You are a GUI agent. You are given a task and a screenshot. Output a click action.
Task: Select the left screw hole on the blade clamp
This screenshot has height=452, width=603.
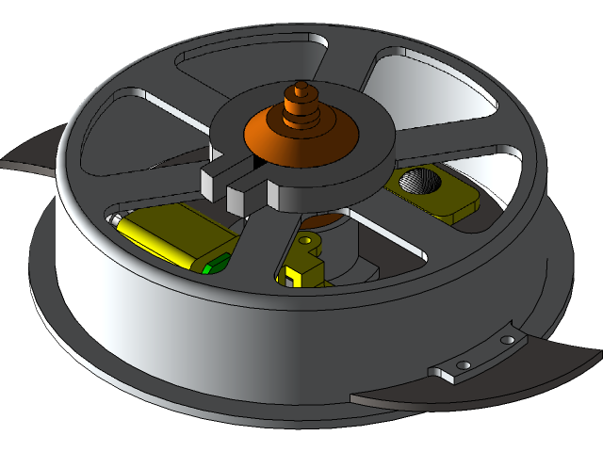(x=463, y=364)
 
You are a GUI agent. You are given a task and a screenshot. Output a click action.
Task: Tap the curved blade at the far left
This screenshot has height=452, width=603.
(x=33, y=155)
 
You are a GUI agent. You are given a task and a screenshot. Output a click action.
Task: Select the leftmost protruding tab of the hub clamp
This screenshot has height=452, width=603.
(x=214, y=179)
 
